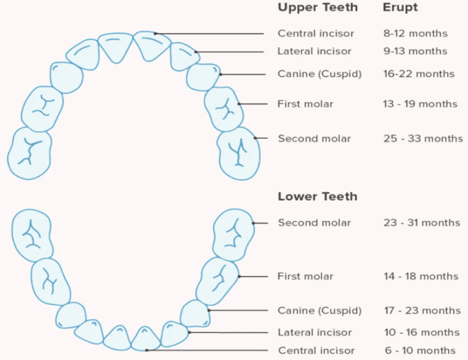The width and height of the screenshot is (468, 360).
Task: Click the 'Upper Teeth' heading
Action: (317, 8)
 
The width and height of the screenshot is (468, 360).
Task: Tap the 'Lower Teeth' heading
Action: (317, 197)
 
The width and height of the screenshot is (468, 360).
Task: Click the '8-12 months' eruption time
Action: (416, 33)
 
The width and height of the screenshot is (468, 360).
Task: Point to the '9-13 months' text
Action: (416, 51)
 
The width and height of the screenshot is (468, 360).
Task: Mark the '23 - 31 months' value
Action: (422, 222)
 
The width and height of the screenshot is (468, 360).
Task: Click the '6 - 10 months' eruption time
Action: (419, 350)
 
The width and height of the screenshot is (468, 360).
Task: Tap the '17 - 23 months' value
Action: (422, 311)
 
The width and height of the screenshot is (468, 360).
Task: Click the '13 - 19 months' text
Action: (420, 104)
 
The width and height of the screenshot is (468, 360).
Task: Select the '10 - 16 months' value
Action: (421, 333)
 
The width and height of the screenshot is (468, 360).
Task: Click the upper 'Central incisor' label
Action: (316, 33)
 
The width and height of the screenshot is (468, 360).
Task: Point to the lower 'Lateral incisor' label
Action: (314, 333)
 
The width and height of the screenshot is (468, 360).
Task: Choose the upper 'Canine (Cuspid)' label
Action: (319, 74)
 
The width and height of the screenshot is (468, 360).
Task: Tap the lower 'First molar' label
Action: (305, 276)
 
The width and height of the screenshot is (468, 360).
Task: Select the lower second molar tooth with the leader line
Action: (234, 234)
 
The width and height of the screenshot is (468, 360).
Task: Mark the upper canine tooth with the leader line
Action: (204, 76)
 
